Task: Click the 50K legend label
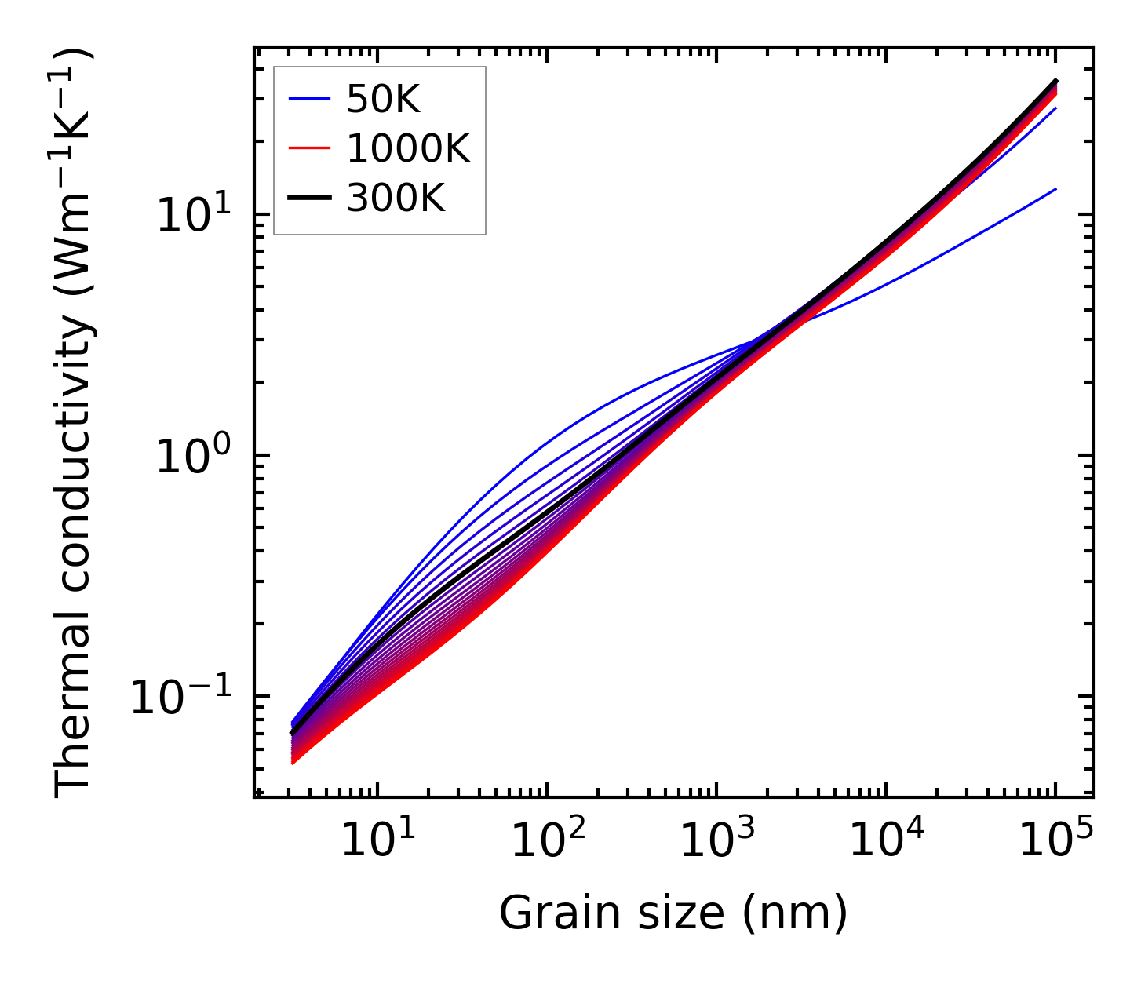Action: point(383,100)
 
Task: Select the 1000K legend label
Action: point(407,149)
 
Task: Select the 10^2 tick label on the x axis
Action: point(547,842)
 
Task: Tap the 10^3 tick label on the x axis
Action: point(716,842)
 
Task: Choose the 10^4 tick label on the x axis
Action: point(887,842)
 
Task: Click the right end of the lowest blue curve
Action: point(1056,189)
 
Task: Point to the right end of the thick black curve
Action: point(1056,81)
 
